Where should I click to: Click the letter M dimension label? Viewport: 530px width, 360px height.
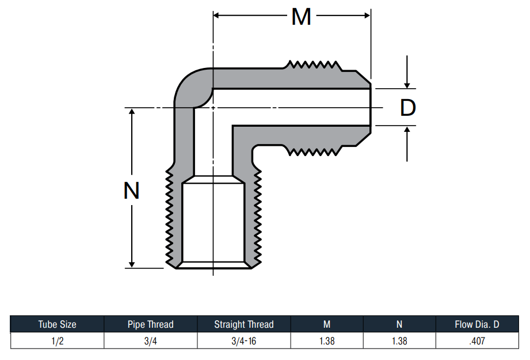(x=301, y=17)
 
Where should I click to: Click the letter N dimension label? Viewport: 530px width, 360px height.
(x=131, y=191)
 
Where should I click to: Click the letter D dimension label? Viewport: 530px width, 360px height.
(x=407, y=108)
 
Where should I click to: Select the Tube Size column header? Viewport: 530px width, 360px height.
(x=57, y=324)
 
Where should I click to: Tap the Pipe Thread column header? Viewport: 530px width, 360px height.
(x=150, y=324)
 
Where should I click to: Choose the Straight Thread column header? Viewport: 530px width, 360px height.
(x=243, y=324)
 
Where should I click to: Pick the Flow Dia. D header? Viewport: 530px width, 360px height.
(x=477, y=324)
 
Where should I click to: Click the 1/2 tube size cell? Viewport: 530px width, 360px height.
(x=57, y=341)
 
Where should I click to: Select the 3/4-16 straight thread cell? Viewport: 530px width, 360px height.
(x=243, y=341)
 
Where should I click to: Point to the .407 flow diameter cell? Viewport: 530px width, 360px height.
(x=477, y=341)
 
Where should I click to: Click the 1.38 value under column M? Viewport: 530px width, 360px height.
(x=327, y=341)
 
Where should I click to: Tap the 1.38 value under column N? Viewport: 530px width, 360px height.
(x=399, y=341)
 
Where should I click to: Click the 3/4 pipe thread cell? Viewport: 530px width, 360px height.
(x=150, y=341)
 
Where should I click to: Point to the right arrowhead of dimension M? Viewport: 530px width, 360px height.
(x=367, y=16)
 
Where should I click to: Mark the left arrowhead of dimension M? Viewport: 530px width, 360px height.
(x=217, y=16)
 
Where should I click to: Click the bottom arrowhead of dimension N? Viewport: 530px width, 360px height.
(x=132, y=264)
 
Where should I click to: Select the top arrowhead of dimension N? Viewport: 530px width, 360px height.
(x=132, y=112)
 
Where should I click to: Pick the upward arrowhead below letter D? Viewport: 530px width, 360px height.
(x=407, y=130)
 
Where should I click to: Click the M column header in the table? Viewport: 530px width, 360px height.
(x=327, y=324)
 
